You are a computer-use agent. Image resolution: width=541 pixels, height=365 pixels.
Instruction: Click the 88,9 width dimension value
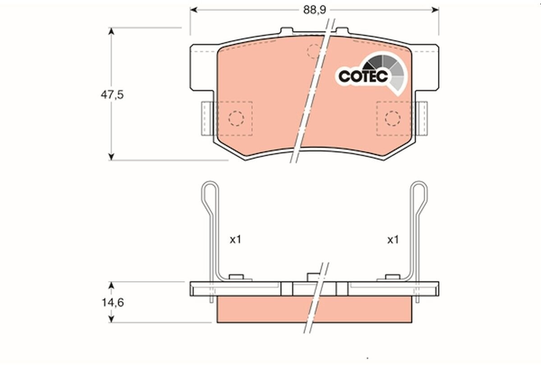315,10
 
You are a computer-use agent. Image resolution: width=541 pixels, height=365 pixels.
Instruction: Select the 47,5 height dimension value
112,95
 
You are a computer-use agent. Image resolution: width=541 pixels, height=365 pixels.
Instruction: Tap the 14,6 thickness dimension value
113,302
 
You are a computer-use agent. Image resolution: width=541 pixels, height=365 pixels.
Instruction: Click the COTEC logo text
363,77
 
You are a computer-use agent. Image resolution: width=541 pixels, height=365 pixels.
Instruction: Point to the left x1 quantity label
235,240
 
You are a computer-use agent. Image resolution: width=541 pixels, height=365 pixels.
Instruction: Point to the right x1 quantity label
393,240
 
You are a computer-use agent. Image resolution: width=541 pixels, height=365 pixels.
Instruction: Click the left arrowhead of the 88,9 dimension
194,10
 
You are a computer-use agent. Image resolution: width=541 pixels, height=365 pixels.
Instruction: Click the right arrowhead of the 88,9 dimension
435,10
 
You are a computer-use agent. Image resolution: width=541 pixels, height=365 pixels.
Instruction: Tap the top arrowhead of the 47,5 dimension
111,32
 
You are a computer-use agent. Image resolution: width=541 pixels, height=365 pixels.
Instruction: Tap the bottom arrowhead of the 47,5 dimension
111,156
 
